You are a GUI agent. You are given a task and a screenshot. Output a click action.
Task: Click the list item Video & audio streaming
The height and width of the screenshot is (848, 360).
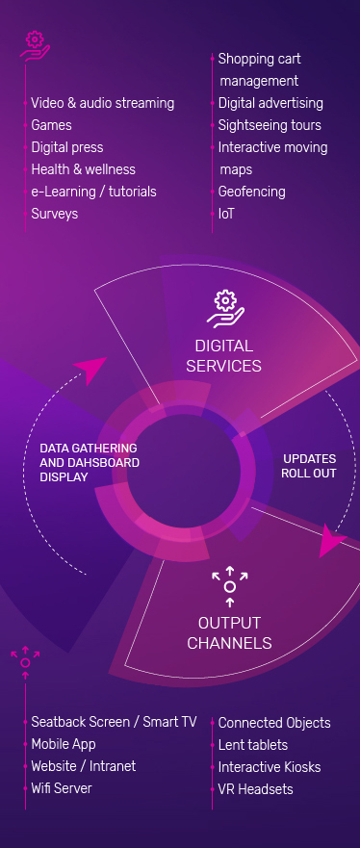coord(102,103)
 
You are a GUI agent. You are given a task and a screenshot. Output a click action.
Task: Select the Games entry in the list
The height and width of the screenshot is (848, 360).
coord(51,125)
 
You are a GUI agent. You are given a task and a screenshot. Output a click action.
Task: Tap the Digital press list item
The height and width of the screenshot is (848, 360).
coord(66,147)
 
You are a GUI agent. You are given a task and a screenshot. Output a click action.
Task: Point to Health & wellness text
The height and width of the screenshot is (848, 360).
coord(84,169)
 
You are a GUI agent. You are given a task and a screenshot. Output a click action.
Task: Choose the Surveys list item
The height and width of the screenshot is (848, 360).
coord(55,214)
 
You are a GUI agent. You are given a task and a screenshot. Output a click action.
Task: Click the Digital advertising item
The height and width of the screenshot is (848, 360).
coord(270,103)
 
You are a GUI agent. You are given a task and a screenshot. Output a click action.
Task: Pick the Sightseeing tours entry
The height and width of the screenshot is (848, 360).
coord(270,125)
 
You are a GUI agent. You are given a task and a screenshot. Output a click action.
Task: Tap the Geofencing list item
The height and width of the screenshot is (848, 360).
coord(251,192)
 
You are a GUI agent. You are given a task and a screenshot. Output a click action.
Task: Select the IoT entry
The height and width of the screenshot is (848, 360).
coord(226,214)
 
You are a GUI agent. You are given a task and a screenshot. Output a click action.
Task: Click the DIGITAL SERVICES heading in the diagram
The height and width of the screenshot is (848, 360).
coord(223,355)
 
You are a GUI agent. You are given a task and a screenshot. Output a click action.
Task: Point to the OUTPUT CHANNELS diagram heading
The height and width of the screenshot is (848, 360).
coord(229,632)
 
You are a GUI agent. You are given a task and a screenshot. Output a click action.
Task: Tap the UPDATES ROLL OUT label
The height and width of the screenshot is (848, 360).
coord(308,466)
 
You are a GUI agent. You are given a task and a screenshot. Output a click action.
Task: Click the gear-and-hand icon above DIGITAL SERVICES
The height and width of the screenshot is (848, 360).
coord(226,305)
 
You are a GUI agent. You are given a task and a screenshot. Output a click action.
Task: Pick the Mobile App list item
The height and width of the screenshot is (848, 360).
coord(63,744)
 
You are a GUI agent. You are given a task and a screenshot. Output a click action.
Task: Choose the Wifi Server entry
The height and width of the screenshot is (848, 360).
coord(62,788)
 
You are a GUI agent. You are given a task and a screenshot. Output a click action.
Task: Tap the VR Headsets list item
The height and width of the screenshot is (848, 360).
coord(255,788)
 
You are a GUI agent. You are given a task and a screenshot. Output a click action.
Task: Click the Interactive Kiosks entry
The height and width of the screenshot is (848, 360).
coord(269,766)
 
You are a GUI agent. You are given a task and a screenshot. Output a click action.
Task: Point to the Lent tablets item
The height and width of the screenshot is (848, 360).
coord(252,744)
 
